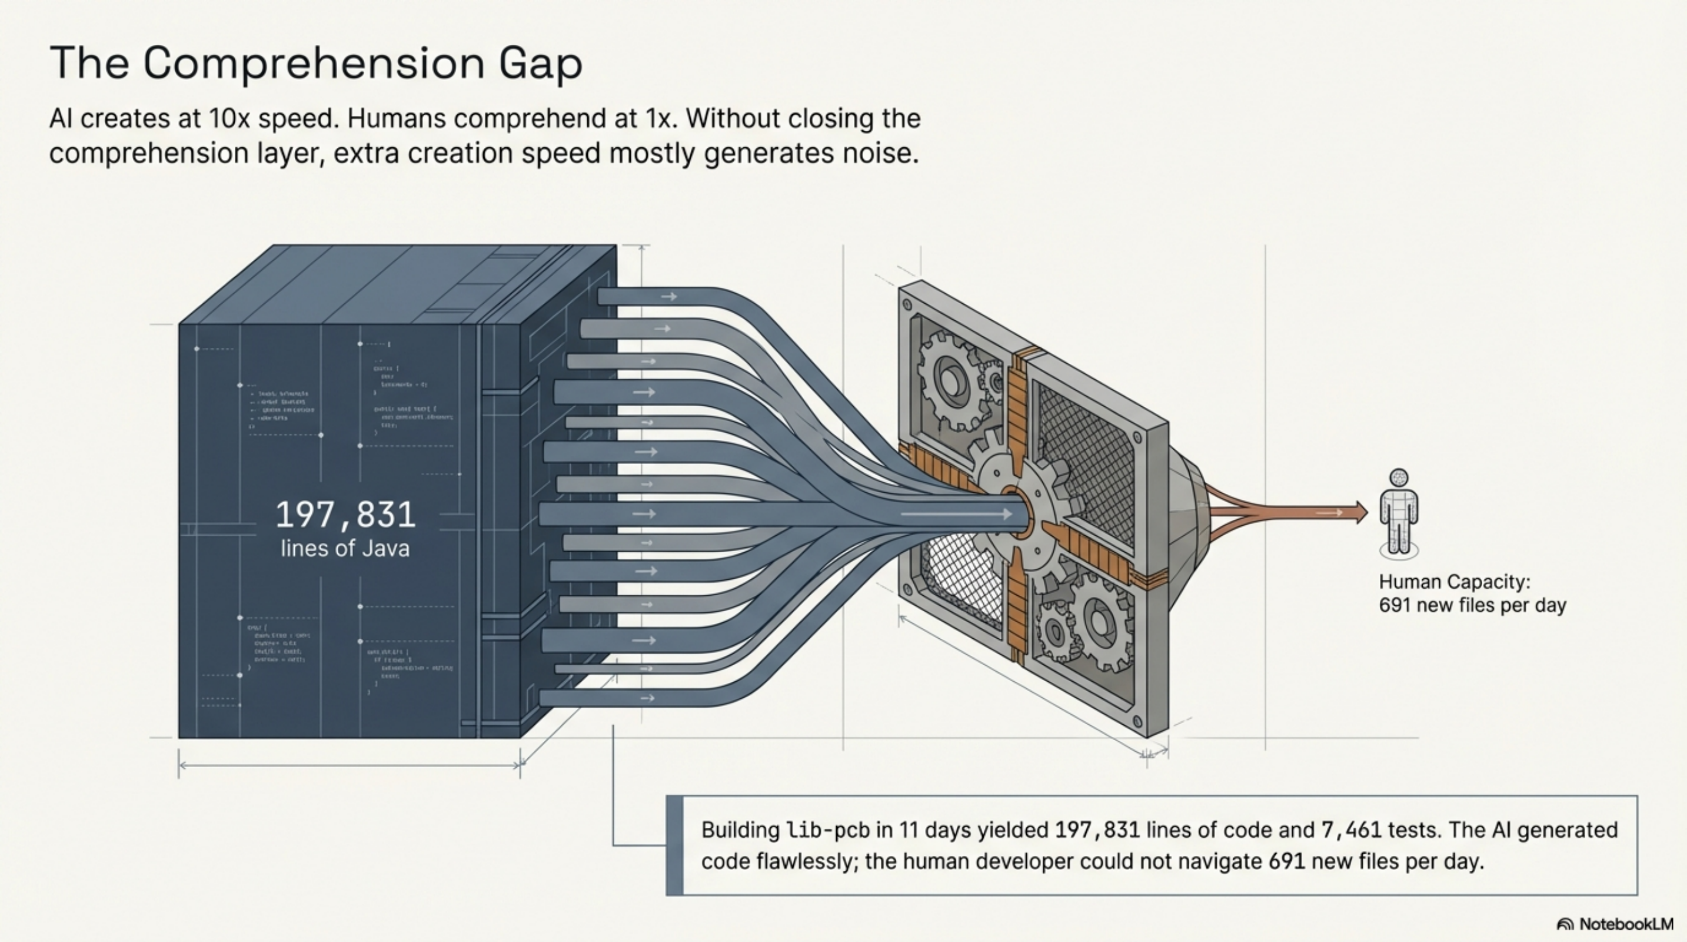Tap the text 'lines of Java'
[x=345, y=549]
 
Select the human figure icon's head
[x=1399, y=477]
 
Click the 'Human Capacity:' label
[x=1454, y=582]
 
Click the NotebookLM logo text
[x=1625, y=924]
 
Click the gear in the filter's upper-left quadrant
[x=950, y=380]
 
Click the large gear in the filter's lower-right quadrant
[x=1100, y=619]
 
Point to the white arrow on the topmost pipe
[x=668, y=297]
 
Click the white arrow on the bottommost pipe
[x=647, y=698]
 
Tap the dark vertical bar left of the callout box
[x=674, y=845]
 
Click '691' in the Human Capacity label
[x=1392, y=605]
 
